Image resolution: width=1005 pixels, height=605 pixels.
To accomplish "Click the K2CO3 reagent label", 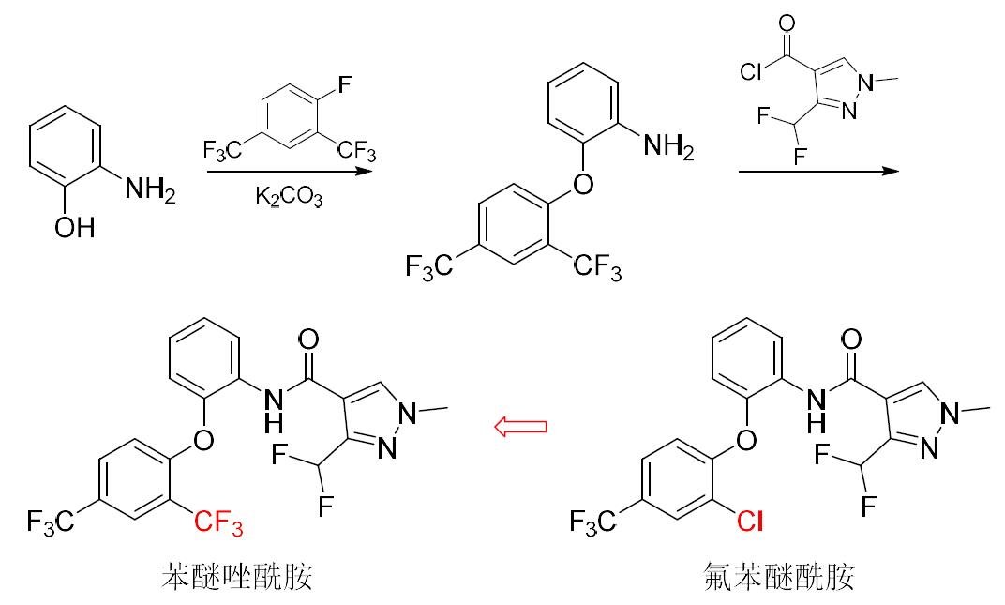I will [x=289, y=198].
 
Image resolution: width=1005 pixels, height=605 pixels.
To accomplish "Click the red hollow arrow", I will [x=520, y=428].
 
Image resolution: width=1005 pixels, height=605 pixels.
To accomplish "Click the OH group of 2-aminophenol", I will [x=75, y=228].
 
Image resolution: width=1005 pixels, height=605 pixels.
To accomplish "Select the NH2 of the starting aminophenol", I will [x=150, y=190].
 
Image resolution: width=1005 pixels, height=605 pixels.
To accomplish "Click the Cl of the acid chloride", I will [x=751, y=71].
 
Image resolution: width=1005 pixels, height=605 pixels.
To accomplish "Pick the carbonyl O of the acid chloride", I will [x=786, y=23].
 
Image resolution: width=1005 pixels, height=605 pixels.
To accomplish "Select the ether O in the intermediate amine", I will [x=582, y=183].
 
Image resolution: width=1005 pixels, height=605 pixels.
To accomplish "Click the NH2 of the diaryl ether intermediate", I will [x=669, y=146].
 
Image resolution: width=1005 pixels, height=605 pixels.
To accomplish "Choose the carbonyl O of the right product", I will [x=850, y=339].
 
